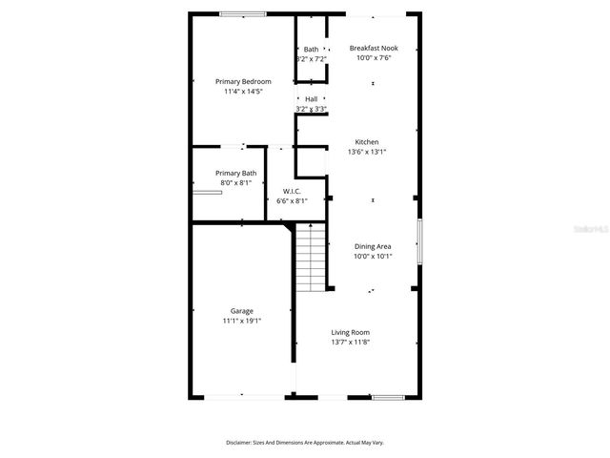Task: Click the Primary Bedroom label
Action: tap(243, 82)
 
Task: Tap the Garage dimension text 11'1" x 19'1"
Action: tap(241, 321)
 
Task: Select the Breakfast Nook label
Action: tap(374, 48)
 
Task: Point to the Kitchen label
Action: tap(367, 141)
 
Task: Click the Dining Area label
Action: tap(373, 246)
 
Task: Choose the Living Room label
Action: tap(350, 332)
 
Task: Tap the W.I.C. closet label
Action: tap(292, 191)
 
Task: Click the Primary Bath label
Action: tap(235, 173)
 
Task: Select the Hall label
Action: tap(312, 99)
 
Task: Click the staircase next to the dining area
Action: tap(310, 258)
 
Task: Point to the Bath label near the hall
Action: tap(312, 50)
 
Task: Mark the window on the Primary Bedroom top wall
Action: tap(243, 13)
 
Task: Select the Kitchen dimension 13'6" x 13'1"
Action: tap(367, 152)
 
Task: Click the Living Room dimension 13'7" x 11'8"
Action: tap(350, 342)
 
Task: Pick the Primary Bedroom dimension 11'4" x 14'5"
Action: tap(243, 92)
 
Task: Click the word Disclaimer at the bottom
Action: tap(239, 443)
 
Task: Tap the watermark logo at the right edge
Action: tap(591, 230)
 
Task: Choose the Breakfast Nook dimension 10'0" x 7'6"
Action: tap(374, 58)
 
